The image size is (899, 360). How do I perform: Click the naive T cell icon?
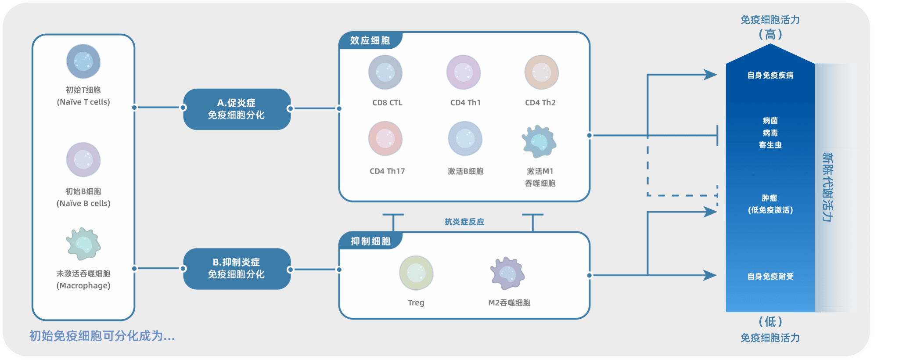[x=83, y=61]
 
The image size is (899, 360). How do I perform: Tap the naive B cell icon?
[x=83, y=159]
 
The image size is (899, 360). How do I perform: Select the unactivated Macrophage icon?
[x=83, y=244]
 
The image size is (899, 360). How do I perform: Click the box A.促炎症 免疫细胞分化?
[x=237, y=109]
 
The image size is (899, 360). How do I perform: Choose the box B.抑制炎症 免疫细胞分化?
[x=237, y=268]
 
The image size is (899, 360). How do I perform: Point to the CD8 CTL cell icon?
[x=385, y=72]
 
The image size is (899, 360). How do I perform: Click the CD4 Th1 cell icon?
[x=464, y=72]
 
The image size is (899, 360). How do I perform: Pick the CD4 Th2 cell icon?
[x=542, y=72]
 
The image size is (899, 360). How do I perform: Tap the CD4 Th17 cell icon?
[x=385, y=139]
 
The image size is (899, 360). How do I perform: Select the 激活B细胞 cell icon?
[x=465, y=139]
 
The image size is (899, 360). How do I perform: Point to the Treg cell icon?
[x=416, y=273]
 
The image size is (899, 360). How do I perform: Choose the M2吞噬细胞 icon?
[x=507, y=274]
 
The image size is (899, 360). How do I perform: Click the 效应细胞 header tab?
[x=370, y=40]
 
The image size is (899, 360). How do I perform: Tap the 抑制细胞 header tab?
[x=371, y=241]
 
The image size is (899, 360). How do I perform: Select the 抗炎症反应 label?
[x=464, y=222]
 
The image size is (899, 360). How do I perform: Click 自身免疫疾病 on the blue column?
[x=770, y=75]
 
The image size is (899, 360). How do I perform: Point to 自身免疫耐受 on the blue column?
[x=770, y=276]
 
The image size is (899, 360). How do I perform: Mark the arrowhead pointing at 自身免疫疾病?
[x=711, y=75]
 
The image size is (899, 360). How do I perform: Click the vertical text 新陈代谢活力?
[x=827, y=187]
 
